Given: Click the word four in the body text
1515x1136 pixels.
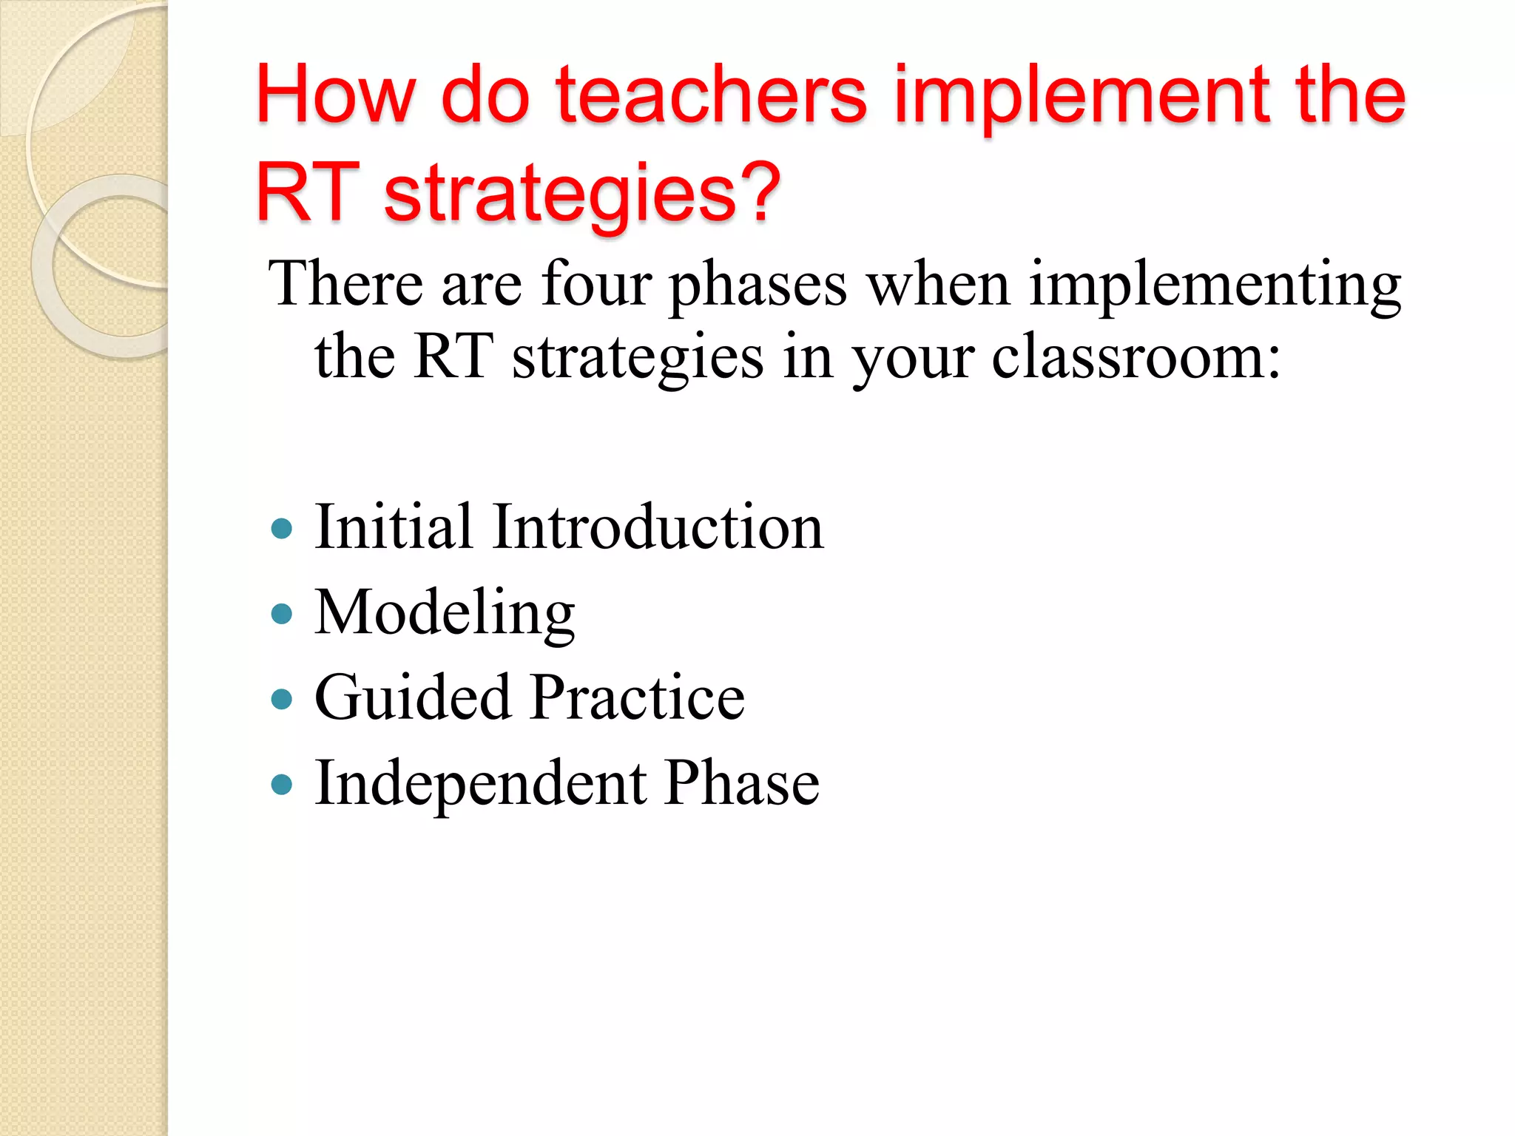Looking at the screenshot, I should click(x=596, y=284).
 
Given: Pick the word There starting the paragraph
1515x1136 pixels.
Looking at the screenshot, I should click(x=345, y=284).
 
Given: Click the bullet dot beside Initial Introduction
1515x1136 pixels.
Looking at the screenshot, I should click(x=282, y=528).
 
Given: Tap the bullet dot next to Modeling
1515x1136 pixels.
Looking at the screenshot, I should click(x=282, y=614).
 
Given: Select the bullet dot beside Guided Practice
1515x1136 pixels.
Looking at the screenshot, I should click(x=282, y=699).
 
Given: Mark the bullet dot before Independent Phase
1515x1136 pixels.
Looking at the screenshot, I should click(x=282, y=784).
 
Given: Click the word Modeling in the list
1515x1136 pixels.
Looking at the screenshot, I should click(x=445, y=614).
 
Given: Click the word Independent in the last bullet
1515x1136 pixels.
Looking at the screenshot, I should click(x=481, y=784).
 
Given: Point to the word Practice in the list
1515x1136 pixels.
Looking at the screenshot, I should click(x=638, y=699).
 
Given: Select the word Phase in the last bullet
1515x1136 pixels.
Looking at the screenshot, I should click(x=742, y=784).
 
